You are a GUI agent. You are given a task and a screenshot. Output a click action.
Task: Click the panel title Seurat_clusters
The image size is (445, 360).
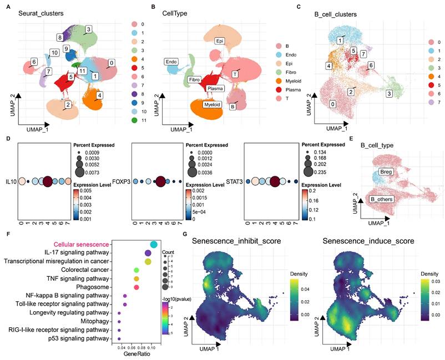click(x=40, y=12)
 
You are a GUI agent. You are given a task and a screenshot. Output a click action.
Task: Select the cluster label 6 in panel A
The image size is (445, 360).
click(x=34, y=62)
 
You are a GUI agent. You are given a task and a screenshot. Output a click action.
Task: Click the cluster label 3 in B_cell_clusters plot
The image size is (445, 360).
click(x=390, y=94)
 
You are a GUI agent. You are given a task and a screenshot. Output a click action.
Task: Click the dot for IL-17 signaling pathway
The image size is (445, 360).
click(x=148, y=253)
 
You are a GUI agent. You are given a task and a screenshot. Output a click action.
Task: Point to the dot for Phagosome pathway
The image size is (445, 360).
click(x=136, y=286)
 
